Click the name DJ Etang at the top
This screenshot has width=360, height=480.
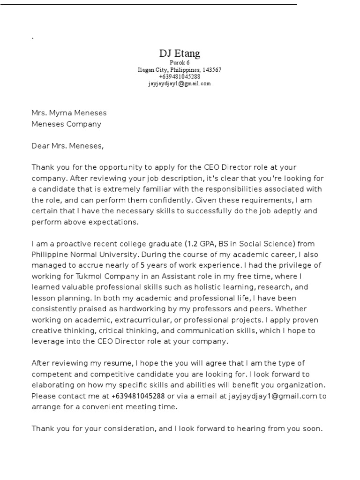click(180, 53)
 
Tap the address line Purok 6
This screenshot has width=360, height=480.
click(180, 62)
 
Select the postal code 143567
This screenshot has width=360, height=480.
click(212, 70)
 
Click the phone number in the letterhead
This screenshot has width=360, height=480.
click(180, 76)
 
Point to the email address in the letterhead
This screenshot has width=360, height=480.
click(180, 83)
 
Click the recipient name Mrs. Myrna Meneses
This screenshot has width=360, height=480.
click(69, 113)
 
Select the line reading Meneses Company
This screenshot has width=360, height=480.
click(66, 124)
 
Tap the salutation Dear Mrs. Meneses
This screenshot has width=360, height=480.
click(67, 146)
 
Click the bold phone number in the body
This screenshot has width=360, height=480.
click(138, 396)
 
